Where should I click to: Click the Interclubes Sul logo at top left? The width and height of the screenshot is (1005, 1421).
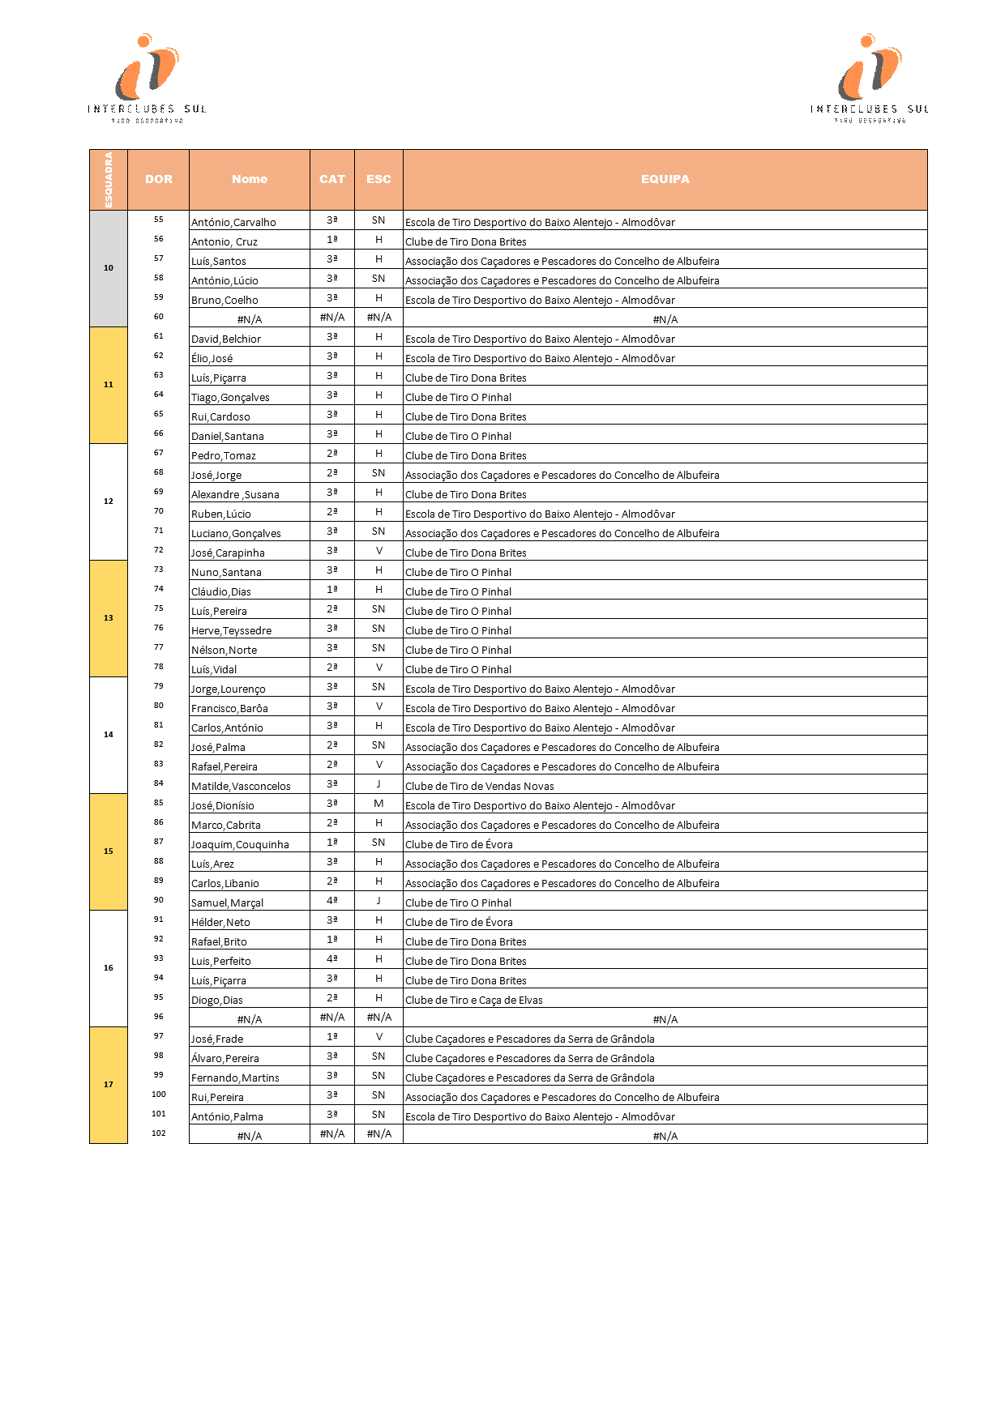pyautogui.click(x=147, y=78)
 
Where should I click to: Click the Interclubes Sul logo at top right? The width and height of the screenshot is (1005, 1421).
pyautogui.click(x=870, y=78)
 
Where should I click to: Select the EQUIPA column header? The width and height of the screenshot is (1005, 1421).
pyautogui.click(x=665, y=179)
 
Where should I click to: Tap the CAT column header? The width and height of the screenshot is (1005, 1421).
pyautogui.click(x=332, y=179)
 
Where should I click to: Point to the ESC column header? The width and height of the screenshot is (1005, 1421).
pyautogui.click(x=378, y=179)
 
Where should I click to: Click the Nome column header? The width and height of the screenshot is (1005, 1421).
pyautogui.click(x=250, y=179)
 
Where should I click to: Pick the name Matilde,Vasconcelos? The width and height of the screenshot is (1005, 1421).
pyautogui.click(x=241, y=786)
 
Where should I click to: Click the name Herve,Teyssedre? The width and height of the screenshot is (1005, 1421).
pyautogui.click(x=231, y=630)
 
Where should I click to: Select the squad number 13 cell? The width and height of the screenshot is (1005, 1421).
pyautogui.click(x=109, y=618)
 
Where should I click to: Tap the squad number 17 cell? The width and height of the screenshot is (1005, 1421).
pyautogui.click(x=109, y=1085)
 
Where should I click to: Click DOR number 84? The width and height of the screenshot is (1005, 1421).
pyautogui.click(x=159, y=783)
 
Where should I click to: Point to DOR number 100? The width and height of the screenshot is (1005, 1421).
pyautogui.click(x=159, y=1095)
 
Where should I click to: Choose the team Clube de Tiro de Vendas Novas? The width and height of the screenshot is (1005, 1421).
pyautogui.click(x=480, y=786)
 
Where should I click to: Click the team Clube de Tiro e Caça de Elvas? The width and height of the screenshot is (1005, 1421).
pyautogui.click(x=474, y=1000)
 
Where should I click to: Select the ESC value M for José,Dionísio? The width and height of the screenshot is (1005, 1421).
pyautogui.click(x=378, y=804)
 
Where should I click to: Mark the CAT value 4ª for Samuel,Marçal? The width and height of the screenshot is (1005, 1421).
pyautogui.click(x=332, y=901)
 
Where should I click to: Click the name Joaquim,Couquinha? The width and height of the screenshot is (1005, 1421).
pyautogui.click(x=240, y=844)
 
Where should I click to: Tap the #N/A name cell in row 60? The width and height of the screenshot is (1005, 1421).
pyautogui.click(x=250, y=319)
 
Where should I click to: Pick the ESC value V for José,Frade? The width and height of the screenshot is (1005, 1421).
pyautogui.click(x=378, y=1037)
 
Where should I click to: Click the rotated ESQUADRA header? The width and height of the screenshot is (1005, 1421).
pyautogui.click(x=109, y=179)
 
